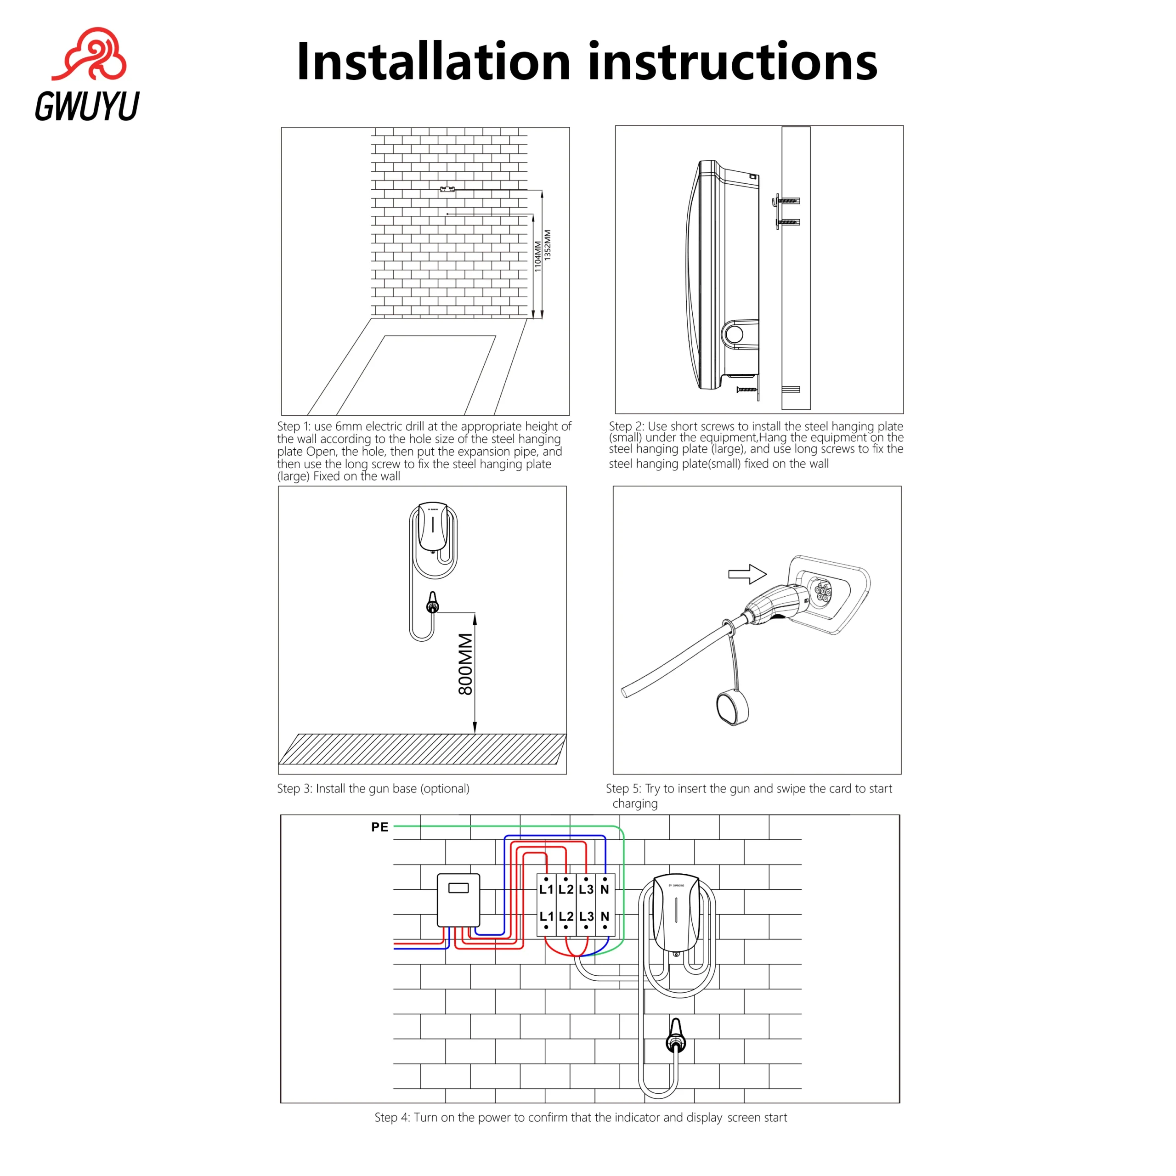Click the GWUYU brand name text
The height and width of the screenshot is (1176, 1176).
[87, 106]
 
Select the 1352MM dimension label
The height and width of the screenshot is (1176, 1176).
[547, 245]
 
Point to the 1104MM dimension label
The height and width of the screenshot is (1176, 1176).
[537, 256]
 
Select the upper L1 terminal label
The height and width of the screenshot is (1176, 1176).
[546, 889]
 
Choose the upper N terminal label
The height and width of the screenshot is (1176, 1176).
[605, 889]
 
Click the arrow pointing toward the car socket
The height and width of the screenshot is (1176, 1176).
[747, 573]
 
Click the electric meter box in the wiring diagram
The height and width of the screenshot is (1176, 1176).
[459, 900]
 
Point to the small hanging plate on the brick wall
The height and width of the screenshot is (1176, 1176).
[447, 189]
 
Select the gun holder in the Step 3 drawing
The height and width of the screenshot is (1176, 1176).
[432, 603]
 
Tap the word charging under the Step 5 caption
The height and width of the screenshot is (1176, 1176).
[635, 803]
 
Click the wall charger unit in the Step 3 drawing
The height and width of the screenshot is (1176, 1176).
[433, 527]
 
